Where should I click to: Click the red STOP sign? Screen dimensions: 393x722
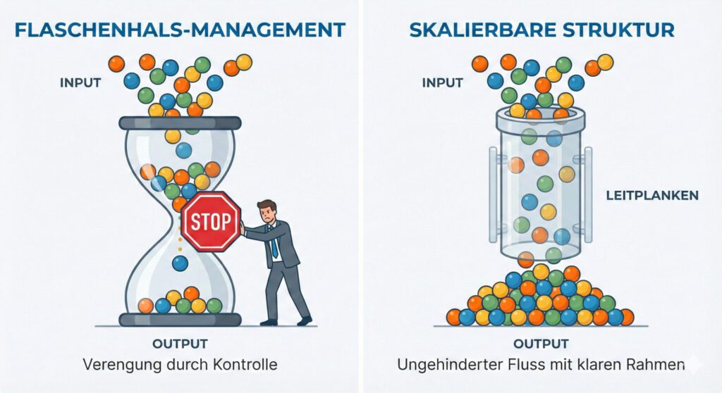[211, 222]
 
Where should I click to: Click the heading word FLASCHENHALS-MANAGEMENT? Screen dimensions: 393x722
[180, 30]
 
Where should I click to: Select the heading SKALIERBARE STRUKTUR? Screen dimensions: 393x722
[542, 30]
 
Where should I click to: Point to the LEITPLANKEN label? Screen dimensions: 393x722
[652, 195]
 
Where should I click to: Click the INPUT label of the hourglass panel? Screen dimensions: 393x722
[80, 82]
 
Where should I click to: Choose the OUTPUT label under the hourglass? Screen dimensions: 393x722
[180, 344]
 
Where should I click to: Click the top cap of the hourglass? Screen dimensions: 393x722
[180, 123]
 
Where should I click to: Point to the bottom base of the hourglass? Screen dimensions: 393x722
[180, 320]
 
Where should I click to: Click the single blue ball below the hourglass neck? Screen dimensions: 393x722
[180, 263]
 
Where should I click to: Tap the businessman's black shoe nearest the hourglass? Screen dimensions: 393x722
[268, 322]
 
